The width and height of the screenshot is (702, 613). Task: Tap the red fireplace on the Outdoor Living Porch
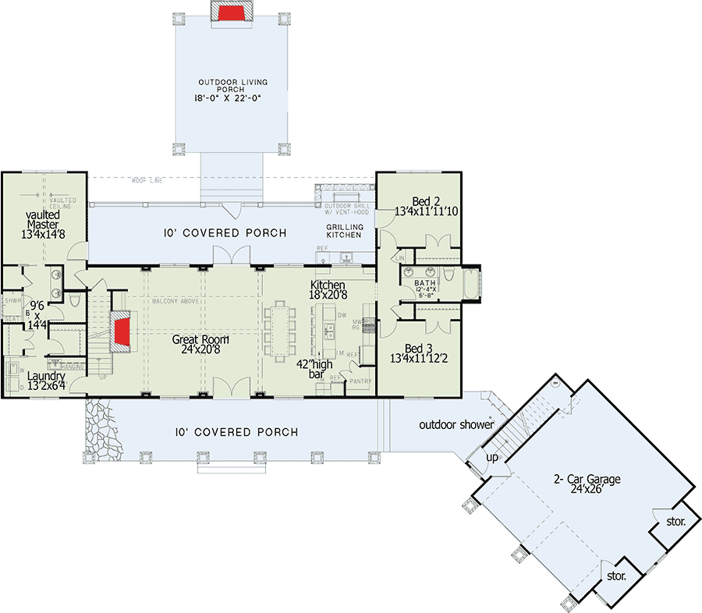tap(232, 12)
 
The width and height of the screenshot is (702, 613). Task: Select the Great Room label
tap(204, 345)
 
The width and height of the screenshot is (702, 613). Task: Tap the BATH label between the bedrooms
tap(425, 283)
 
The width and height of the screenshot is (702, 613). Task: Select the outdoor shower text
tap(456, 425)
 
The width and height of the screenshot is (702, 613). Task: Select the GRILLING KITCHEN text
tap(344, 230)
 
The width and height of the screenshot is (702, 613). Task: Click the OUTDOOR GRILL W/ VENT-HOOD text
tap(347, 209)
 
